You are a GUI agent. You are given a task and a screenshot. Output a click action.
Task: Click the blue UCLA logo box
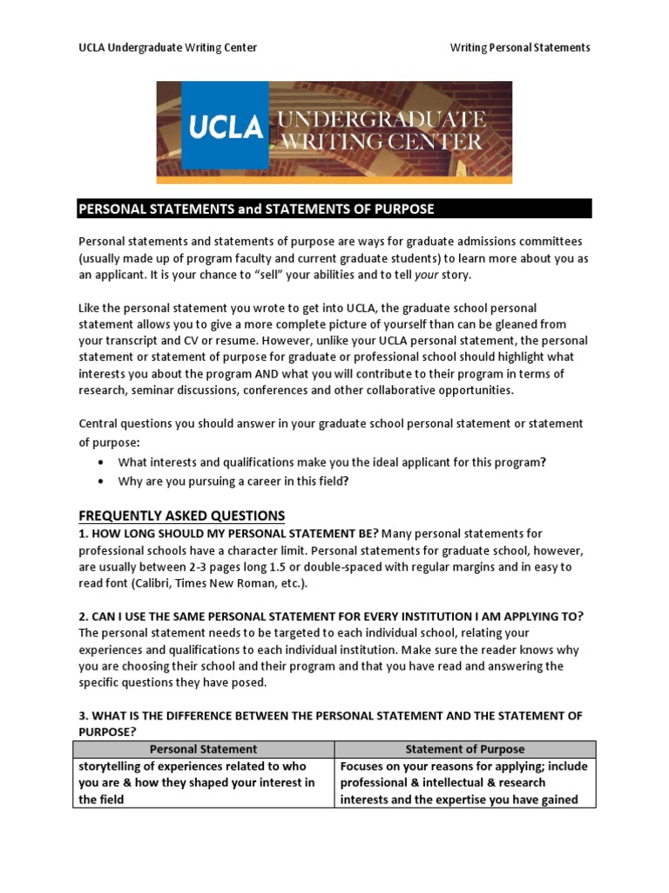point(226,129)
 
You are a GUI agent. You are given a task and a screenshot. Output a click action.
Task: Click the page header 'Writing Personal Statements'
point(520,47)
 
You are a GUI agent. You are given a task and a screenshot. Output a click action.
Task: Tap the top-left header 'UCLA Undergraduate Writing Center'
point(168,47)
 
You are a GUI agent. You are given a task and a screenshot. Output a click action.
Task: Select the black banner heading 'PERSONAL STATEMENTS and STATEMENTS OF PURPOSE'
point(256,208)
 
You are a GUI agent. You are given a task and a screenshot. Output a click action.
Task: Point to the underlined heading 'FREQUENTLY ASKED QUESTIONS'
point(182,515)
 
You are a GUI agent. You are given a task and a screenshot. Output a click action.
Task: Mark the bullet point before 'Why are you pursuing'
point(102,481)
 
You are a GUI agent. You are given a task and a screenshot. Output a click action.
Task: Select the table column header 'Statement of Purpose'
point(465,749)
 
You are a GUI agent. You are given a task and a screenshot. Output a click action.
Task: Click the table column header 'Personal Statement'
point(203,749)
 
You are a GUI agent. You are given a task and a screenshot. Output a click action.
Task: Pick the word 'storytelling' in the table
point(111,767)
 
